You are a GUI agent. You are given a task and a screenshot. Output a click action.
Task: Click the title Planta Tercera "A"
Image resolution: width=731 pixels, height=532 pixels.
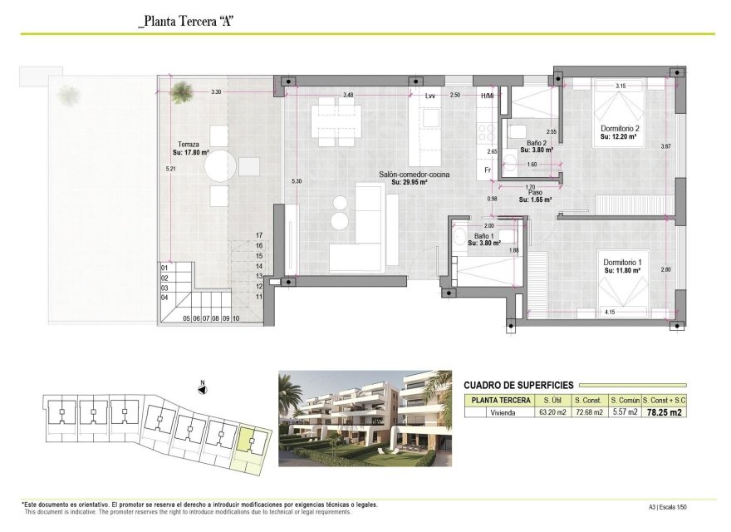[x=186, y=22]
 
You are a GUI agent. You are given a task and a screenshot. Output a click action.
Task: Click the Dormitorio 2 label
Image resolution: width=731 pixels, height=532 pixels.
[x=619, y=129]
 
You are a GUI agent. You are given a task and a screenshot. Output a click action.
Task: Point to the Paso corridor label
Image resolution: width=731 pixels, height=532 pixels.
[x=536, y=193]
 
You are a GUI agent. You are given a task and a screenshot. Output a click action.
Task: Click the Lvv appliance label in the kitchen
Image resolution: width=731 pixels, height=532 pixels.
[x=429, y=96]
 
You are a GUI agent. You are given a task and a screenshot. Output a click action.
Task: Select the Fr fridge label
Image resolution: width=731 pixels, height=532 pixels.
[x=488, y=170]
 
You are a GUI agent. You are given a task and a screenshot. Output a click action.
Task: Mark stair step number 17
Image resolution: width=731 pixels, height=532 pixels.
[x=259, y=235]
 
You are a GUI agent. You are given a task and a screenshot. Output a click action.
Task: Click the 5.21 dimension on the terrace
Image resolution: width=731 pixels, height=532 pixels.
[x=169, y=169]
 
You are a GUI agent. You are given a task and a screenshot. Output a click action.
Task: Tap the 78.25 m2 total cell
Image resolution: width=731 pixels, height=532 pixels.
[x=665, y=411]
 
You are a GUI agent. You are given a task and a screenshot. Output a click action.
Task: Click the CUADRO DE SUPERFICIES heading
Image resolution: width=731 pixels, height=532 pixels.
[x=517, y=384]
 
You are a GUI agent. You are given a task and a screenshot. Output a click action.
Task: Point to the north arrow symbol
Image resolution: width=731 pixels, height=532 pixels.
[x=202, y=388]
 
